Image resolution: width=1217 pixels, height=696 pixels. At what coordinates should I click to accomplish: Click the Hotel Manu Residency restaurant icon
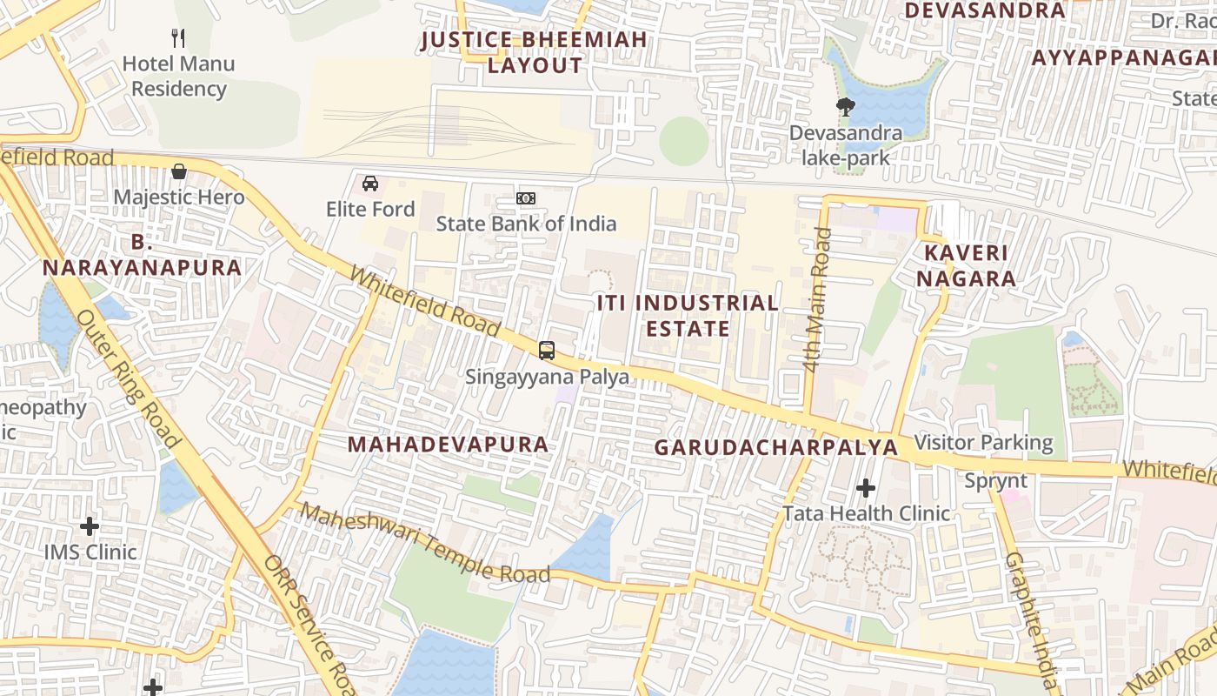tap(178, 38)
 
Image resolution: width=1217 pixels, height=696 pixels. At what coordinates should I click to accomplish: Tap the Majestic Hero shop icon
tap(179, 171)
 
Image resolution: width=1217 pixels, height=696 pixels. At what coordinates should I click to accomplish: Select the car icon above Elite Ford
tap(370, 184)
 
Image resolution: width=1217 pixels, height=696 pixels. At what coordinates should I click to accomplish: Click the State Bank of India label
tap(526, 224)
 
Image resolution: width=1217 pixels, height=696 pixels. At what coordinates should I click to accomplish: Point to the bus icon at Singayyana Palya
tap(547, 351)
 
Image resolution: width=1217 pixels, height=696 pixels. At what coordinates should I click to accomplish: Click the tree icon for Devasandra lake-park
tap(845, 108)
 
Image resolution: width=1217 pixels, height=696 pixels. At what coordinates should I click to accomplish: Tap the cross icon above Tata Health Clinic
tap(866, 488)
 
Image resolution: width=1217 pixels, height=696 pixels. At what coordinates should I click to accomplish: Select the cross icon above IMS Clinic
tap(90, 526)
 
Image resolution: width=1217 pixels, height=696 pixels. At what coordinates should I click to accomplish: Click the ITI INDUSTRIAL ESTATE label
tap(687, 316)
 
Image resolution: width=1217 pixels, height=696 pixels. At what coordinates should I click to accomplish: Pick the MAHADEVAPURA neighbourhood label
tap(448, 445)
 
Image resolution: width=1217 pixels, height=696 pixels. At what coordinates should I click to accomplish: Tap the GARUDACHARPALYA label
tap(775, 447)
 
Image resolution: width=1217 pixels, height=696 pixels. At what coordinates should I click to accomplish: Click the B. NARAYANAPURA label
tap(142, 255)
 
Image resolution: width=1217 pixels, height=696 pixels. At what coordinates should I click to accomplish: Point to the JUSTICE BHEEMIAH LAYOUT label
tap(535, 52)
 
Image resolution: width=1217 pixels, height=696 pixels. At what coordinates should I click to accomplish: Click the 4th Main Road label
tap(817, 300)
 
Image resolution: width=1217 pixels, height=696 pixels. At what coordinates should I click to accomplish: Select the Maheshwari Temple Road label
tap(426, 545)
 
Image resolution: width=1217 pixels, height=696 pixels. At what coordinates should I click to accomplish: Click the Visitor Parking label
tap(984, 443)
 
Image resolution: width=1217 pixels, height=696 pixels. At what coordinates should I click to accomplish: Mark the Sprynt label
tap(996, 481)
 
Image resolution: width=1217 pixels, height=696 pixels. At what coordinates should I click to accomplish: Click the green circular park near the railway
tap(684, 141)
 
